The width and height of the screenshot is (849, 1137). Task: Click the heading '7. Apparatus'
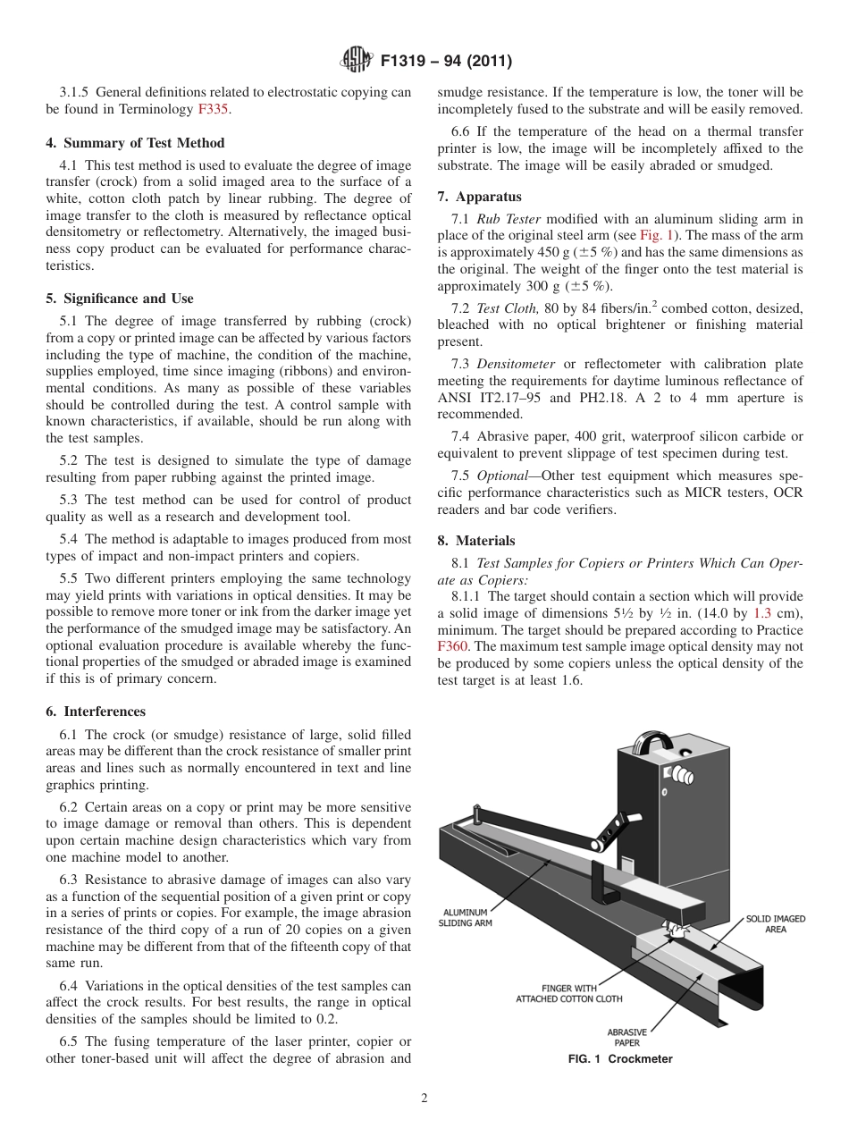coord(479,197)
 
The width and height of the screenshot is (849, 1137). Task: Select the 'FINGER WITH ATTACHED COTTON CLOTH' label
coord(568,993)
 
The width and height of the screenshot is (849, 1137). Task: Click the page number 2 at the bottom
coord(424,1099)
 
